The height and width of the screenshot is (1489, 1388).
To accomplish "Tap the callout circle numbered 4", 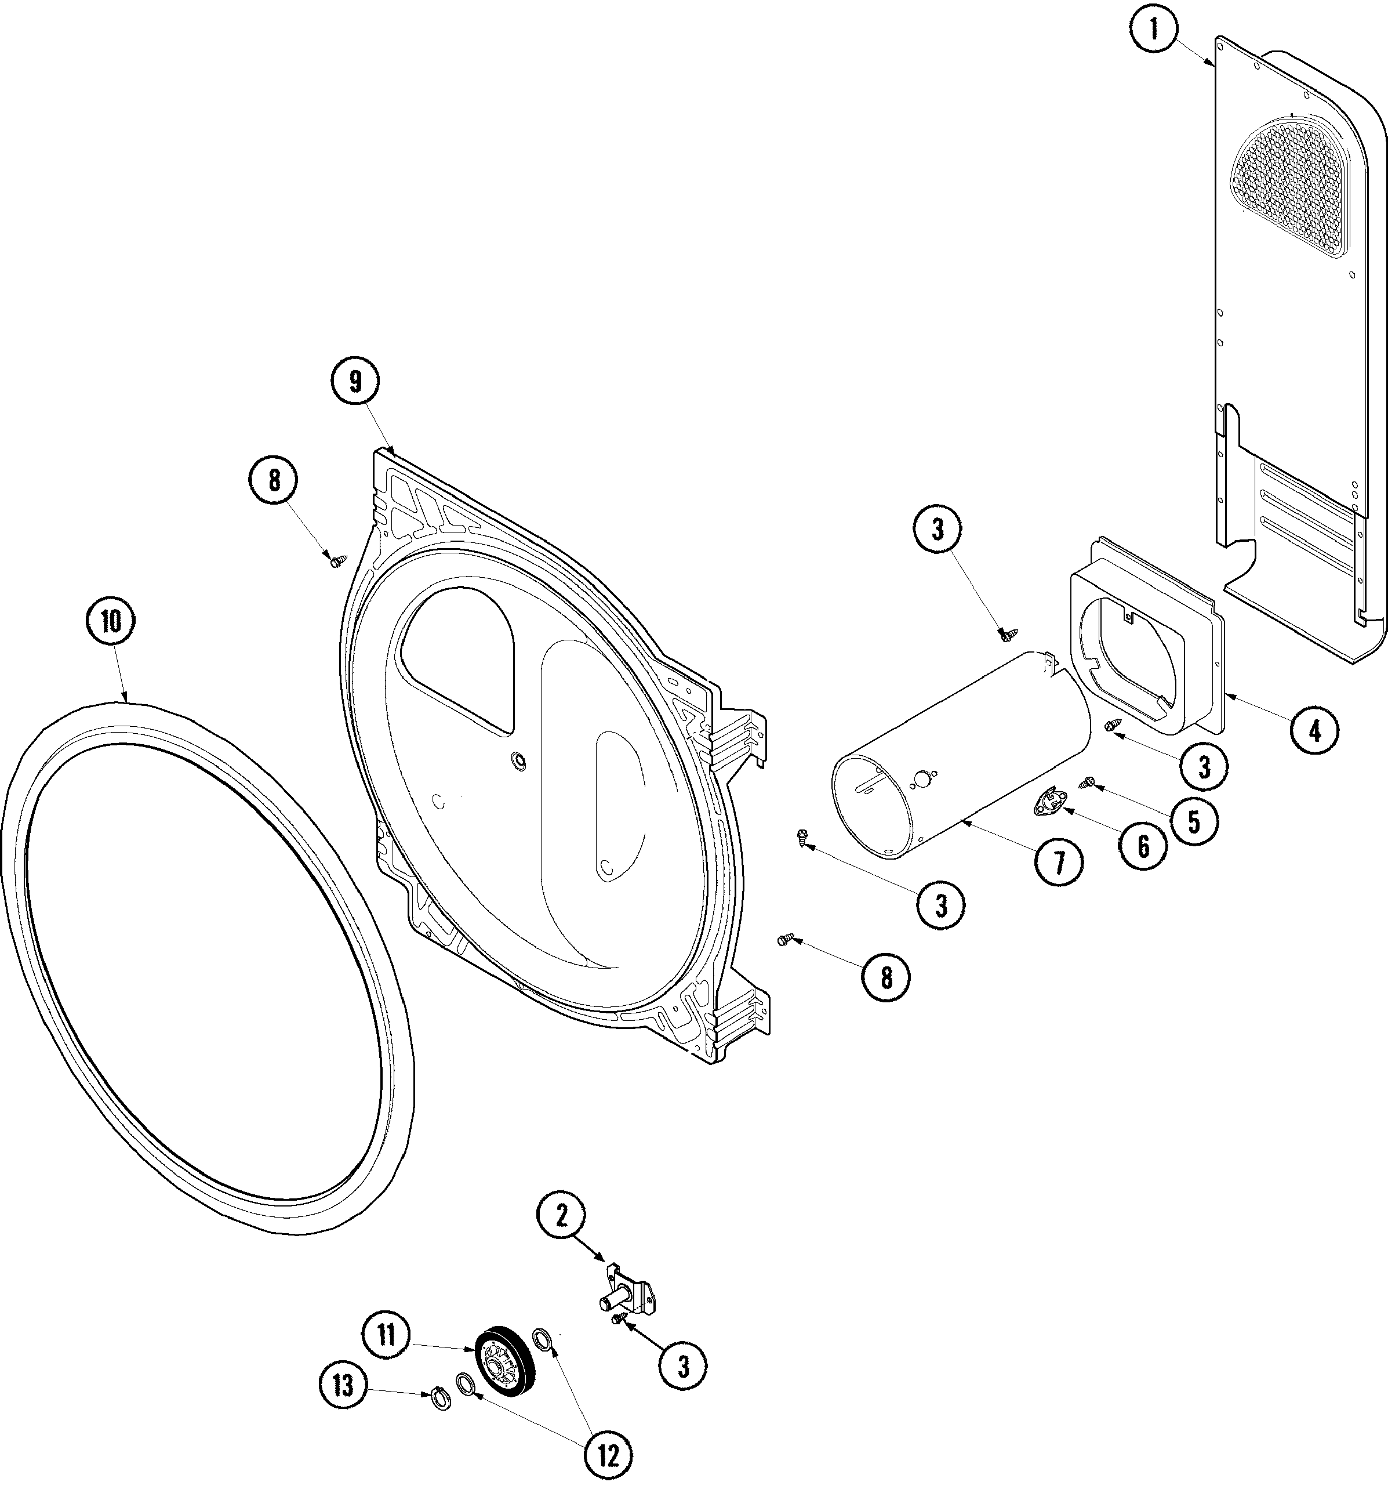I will coord(1314,730).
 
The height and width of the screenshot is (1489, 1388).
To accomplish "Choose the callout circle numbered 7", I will coord(1059,864).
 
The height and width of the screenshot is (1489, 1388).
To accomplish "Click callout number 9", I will coord(355,381).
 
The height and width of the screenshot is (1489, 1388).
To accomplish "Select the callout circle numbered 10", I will coord(111,621).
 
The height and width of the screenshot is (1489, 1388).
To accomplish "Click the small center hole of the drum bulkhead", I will coord(517,761).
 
